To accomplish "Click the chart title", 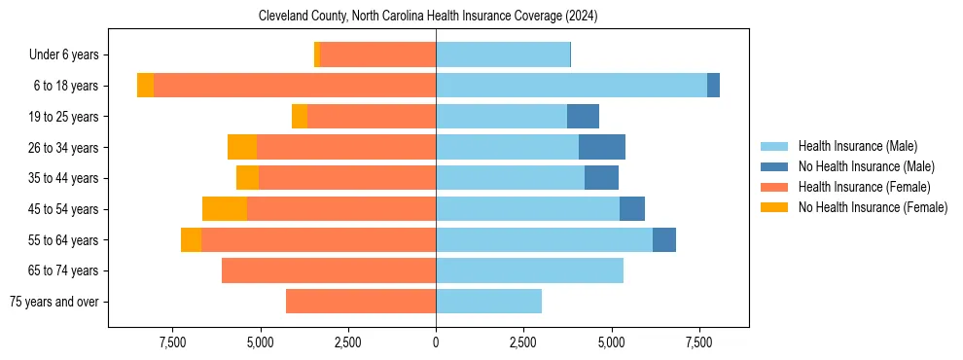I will coord(428,17).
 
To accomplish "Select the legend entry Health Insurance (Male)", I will coord(857,146).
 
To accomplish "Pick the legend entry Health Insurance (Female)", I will coord(864,187).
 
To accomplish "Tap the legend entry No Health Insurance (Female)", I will coord(873,207).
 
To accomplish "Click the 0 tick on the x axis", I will coord(436,343).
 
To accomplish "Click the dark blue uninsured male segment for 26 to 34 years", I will coord(602,147).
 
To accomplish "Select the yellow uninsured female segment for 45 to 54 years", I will coord(225,209).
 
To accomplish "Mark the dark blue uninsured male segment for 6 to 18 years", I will coord(713,86).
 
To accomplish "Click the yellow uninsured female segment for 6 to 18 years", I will coord(145,86).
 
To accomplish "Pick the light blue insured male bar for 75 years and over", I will coord(488,302).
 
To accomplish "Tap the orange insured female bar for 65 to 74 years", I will coord(329,270).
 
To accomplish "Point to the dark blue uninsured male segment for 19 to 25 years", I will coord(583,117).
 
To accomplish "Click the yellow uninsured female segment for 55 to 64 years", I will coord(191,240).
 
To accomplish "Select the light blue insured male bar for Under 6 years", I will coord(503,55).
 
